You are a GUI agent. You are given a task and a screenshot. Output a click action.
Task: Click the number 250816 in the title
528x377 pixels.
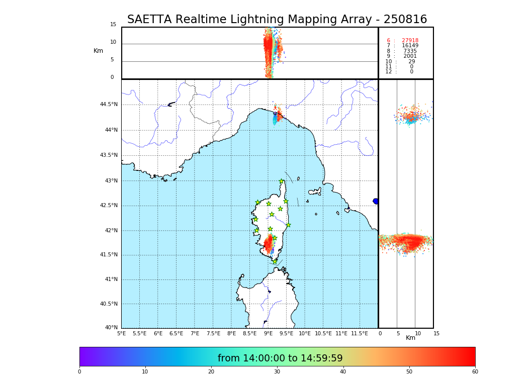405,20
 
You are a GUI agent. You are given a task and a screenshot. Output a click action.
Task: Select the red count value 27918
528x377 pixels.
410,41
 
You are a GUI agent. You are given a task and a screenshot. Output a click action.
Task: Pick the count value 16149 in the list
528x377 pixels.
410,46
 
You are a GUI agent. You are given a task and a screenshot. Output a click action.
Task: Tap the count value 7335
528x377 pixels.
410,51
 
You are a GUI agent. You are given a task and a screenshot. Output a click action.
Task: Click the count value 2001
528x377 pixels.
410,56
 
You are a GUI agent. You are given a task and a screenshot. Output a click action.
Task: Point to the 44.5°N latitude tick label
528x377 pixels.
109,105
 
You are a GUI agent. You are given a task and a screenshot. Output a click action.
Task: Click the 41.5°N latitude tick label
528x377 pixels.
109,255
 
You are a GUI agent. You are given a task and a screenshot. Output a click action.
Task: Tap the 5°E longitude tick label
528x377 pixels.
121,333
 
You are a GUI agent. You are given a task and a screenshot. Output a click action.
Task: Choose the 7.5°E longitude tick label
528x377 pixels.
213,333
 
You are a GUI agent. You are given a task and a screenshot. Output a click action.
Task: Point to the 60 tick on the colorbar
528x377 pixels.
475,372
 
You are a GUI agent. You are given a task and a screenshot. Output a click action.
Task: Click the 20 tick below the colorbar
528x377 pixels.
211,372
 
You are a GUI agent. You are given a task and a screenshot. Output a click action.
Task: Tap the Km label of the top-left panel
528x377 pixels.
98,51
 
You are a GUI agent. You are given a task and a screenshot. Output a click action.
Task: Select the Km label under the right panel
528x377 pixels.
410,338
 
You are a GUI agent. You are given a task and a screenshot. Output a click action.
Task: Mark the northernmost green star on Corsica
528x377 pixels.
282,181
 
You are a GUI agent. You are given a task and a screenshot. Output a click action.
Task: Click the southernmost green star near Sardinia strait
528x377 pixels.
275,261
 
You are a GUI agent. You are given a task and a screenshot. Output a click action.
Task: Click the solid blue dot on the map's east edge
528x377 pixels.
376,201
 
